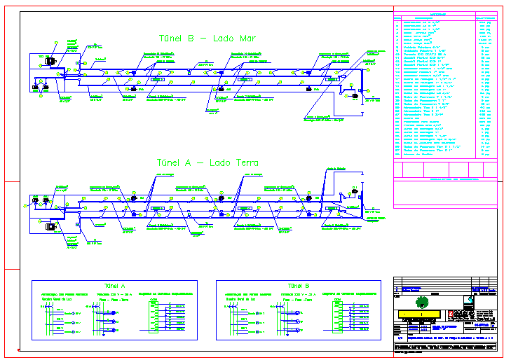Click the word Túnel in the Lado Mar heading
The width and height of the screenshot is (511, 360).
pyautogui.click(x=170, y=39)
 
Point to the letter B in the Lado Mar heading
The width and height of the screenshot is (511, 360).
pyautogui.click(x=190, y=39)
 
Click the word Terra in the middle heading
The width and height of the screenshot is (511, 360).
pyautogui.click(x=245, y=163)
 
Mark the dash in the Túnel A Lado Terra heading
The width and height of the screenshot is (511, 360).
pyautogui.click(x=201, y=163)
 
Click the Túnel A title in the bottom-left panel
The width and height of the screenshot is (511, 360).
pyautogui.click(x=114, y=286)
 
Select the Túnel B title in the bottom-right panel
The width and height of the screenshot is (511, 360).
pyautogui.click(x=298, y=286)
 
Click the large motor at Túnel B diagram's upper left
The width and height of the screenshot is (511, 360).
pyautogui.click(x=50, y=61)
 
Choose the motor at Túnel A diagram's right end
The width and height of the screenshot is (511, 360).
pyautogui.click(x=354, y=192)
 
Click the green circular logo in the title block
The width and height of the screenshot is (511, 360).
pyautogui.click(x=421, y=302)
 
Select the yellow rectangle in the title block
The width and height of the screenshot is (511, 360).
pyautogui.click(x=418, y=313)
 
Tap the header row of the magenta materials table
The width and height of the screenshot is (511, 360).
pyautogui.click(x=445, y=17)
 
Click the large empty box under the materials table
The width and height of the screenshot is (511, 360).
pyautogui.click(x=445, y=193)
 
